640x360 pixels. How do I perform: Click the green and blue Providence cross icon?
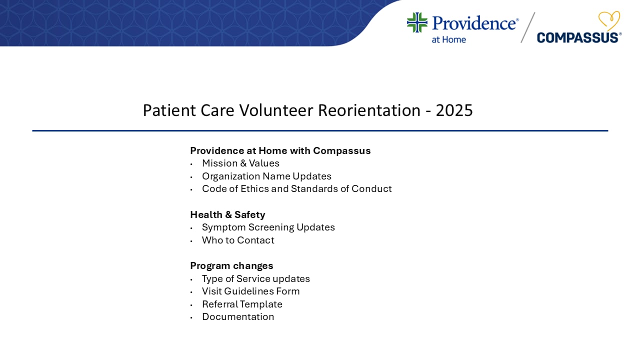click(x=417, y=23)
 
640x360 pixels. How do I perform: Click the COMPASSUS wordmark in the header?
click(x=578, y=37)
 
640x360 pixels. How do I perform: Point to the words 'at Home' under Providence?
click(x=448, y=39)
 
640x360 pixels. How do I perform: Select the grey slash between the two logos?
click(x=527, y=27)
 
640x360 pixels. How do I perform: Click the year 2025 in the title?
click(x=454, y=110)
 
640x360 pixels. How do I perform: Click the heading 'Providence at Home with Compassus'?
click(x=280, y=150)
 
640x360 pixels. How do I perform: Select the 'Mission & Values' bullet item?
click(x=240, y=163)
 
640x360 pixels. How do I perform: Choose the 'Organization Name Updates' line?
click(x=266, y=176)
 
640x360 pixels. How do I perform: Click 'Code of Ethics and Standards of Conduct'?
click(x=296, y=189)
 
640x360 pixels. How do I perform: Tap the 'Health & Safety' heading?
click(x=227, y=215)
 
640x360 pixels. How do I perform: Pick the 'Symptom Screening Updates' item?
click(x=268, y=227)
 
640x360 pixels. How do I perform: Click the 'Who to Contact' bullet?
click(x=238, y=240)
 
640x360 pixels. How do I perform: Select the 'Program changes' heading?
click(x=231, y=266)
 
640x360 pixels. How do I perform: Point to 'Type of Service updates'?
click(x=255, y=279)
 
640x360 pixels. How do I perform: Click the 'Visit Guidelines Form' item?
click(x=250, y=291)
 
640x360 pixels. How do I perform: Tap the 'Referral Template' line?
click(x=242, y=304)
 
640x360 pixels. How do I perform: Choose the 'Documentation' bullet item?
click(x=238, y=317)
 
